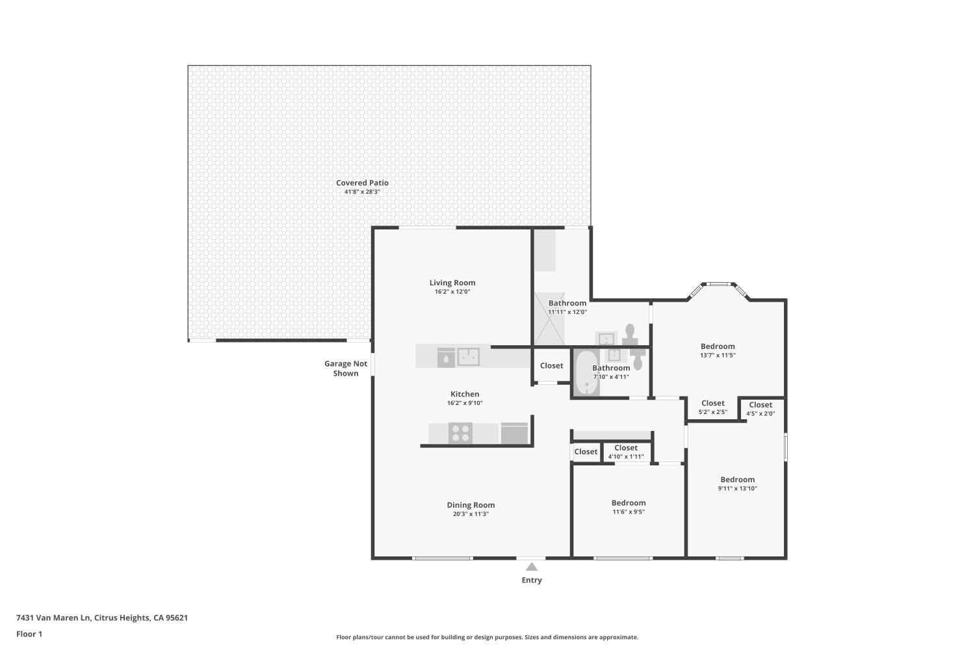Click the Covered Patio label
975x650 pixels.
[362, 183]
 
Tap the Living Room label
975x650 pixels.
[452, 283]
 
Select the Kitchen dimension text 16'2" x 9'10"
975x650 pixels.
[464, 403]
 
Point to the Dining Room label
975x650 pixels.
[471, 505]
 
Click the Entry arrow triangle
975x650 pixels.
[532, 567]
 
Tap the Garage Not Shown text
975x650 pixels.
[346, 369]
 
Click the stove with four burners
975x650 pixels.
[460, 433]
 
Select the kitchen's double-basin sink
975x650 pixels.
[468, 357]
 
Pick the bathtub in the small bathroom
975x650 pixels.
[586, 373]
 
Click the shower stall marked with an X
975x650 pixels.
[549, 318]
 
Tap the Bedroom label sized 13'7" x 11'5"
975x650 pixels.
[718, 346]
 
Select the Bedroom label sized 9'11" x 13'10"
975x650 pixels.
[737, 480]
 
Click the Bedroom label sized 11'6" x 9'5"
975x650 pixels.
[629, 503]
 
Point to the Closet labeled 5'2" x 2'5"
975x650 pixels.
[712, 404]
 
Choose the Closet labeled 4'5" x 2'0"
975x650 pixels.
[760, 405]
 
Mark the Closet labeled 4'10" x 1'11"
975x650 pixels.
[626, 448]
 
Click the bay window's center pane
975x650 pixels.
[718, 284]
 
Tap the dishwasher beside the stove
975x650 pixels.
[514, 434]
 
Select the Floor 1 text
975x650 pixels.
[29, 634]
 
